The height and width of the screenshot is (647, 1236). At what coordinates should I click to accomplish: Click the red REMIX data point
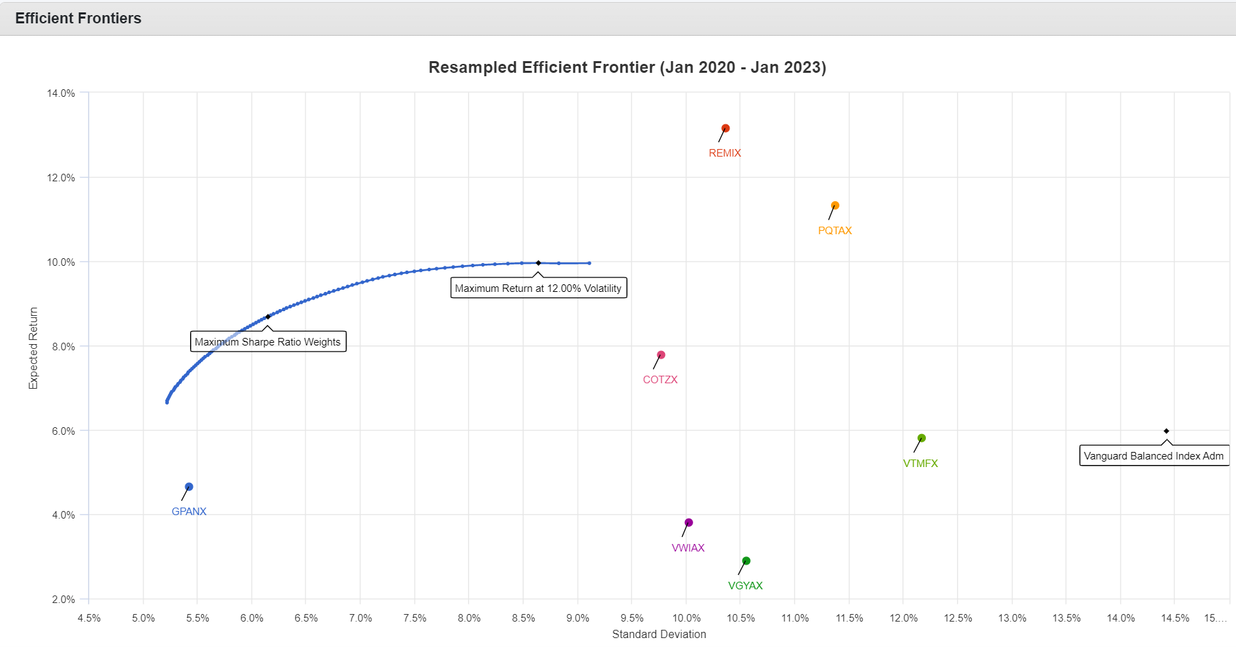click(x=725, y=128)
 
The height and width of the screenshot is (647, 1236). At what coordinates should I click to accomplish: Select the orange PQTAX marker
click(x=835, y=205)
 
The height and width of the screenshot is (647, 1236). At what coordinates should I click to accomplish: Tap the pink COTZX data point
click(x=661, y=355)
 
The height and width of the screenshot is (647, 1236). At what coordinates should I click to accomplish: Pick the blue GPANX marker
click(x=189, y=487)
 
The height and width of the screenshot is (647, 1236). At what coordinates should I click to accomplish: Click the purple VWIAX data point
click(x=689, y=523)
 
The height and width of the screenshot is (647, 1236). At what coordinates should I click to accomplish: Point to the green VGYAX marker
click(x=747, y=561)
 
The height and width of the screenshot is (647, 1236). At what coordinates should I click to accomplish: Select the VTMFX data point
click(x=922, y=438)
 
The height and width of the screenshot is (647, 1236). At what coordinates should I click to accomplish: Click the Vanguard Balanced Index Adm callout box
click(x=1154, y=456)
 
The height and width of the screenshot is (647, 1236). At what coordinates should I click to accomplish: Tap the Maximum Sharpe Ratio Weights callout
click(x=268, y=342)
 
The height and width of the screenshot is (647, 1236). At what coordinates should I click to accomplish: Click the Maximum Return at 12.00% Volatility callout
click(x=538, y=288)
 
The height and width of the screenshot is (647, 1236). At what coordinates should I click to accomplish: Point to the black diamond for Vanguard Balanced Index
click(x=1167, y=431)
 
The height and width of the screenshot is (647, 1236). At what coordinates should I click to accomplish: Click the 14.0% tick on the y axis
click(x=61, y=93)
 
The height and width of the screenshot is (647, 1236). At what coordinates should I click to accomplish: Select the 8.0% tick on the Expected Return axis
click(x=63, y=347)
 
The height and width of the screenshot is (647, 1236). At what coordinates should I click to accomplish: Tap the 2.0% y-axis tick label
click(x=63, y=600)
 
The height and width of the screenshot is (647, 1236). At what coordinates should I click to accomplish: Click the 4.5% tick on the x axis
click(x=89, y=618)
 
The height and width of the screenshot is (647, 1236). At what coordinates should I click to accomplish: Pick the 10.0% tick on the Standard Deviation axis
click(x=686, y=618)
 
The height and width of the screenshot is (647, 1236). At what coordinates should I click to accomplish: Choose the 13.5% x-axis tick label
click(x=1066, y=618)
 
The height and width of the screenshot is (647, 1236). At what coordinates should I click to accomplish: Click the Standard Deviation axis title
click(x=659, y=634)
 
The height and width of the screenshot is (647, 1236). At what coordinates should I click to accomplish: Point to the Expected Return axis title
click(x=33, y=348)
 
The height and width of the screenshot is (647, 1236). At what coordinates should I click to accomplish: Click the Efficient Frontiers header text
click(x=78, y=19)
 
